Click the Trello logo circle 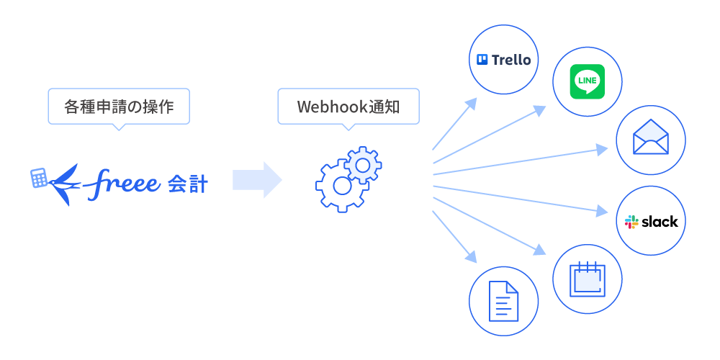point(503,60)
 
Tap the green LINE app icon point(587,82)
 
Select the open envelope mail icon point(651,138)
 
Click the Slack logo point(651,221)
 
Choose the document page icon point(503,300)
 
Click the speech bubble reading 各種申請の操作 point(119,107)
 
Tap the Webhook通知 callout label point(348,107)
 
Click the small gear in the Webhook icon point(364,165)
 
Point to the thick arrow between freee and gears point(256,180)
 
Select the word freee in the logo point(122,185)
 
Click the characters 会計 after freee point(188,184)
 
